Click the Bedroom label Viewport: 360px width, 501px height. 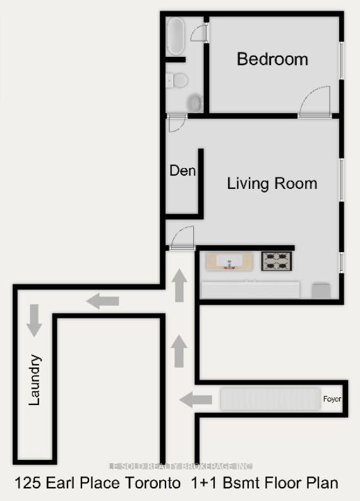(x=272, y=59)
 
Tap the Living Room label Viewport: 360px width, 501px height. (x=272, y=184)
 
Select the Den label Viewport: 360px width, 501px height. (x=183, y=171)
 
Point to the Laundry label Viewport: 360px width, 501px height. (x=35, y=380)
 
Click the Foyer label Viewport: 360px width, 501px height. (x=332, y=399)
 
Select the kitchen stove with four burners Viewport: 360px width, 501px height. (x=277, y=260)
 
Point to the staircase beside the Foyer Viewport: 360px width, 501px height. (x=270, y=399)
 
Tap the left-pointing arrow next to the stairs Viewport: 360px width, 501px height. (x=195, y=399)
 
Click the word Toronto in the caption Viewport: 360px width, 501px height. (x=151, y=483)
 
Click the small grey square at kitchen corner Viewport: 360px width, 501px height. (x=321, y=290)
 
